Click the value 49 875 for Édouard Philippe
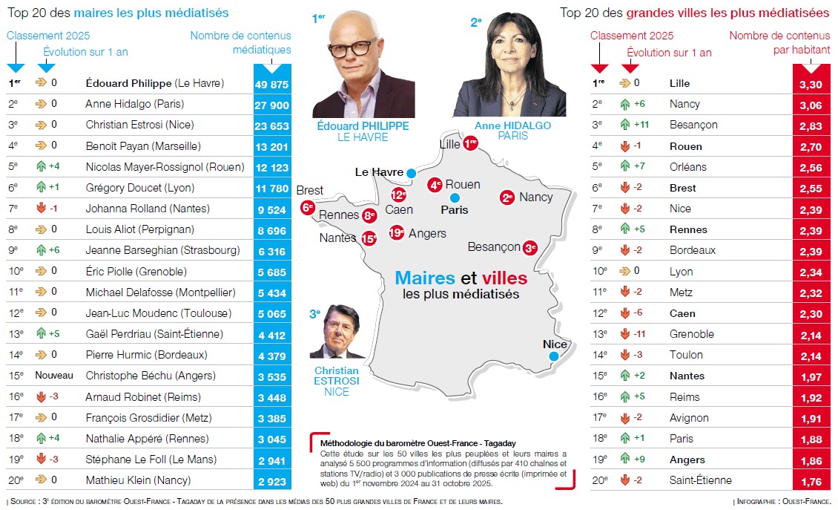click(x=272, y=84)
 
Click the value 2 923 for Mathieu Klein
click(x=272, y=480)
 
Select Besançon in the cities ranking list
click(x=693, y=125)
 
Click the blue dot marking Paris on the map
click(x=455, y=197)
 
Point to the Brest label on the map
click(x=310, y=191)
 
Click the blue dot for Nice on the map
click(x=553, y=357)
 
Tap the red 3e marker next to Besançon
click(x=530, y=247)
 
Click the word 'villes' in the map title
click(x=504, y=279)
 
